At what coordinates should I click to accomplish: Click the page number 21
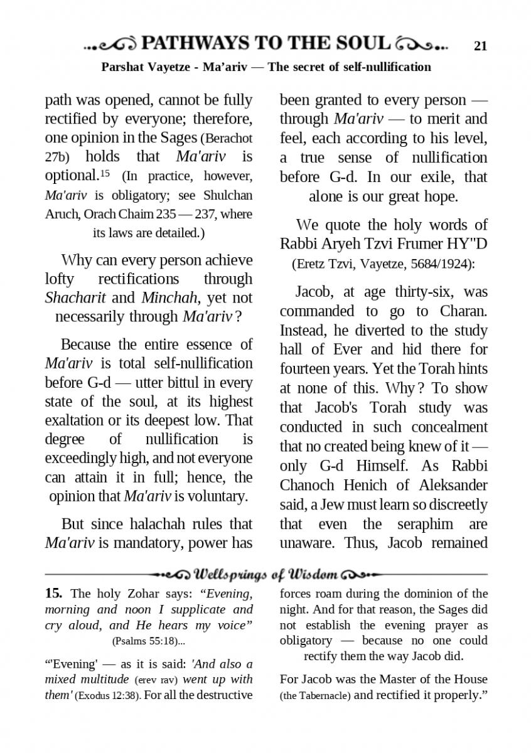click(x=481, y=45)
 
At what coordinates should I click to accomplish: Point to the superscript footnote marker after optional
click(x=105, y=172)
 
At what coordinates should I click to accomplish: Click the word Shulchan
click(x=227, y=195)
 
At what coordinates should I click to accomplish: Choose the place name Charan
click(x=462, y=311)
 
